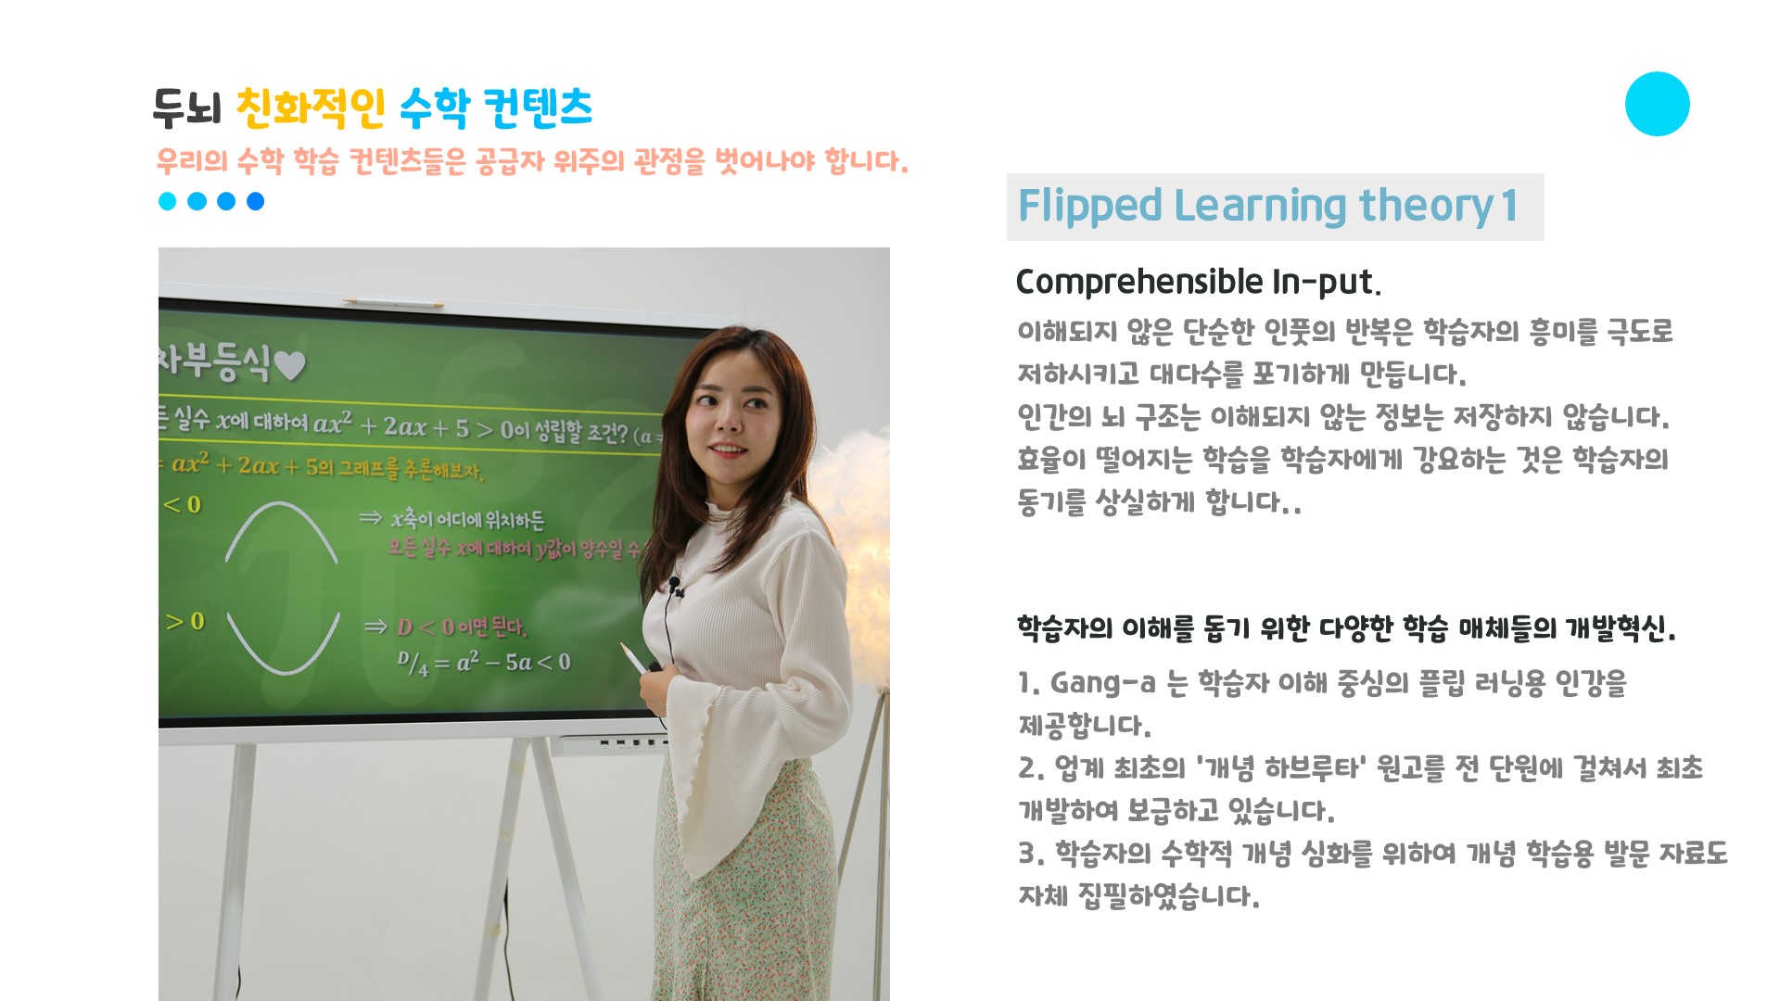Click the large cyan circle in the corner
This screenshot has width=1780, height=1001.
pyautogui.click(x=1657, y=104)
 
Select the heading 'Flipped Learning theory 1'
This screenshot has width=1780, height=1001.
pyautogui.click(x=1267, y=206)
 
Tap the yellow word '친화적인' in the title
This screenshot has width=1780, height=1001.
pyautogui.click(x=311, y=108)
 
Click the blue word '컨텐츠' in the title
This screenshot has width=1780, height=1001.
pyautogui.click(x=538, y=108)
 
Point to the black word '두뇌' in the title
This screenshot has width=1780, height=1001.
pyautogui.click(x=187, y=108)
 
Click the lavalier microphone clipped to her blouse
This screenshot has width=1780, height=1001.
pyautogui.click(x=675, y=585)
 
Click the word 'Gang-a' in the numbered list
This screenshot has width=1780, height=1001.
pyautogui.click(x=1102, y=683)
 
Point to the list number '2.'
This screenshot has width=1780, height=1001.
pyautogui.click(x=1031, y=768)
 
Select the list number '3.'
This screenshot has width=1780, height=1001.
pyautogui.click(x=1031, y=854)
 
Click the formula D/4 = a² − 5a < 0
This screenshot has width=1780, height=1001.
pyautogui.click(x=484, y=662)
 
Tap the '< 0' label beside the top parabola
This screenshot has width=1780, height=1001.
pyautogui.click(x=182, y=504)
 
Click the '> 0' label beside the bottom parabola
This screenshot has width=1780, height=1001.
pyautogui.click(x=185, y=620)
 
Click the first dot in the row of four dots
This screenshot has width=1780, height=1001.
pyautogui.click(x=168, y=201)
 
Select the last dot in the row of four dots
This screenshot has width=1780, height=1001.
pyautogui.click(x=255, y=201)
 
